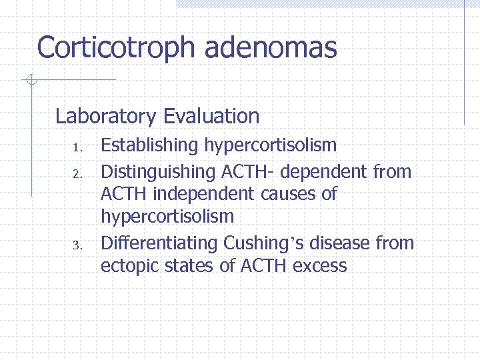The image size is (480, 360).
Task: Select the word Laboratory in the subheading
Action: point(105,117)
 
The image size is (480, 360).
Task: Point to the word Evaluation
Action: point(211,117)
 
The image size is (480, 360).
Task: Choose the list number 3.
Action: point(77,246)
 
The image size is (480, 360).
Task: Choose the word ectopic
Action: point(129,266)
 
